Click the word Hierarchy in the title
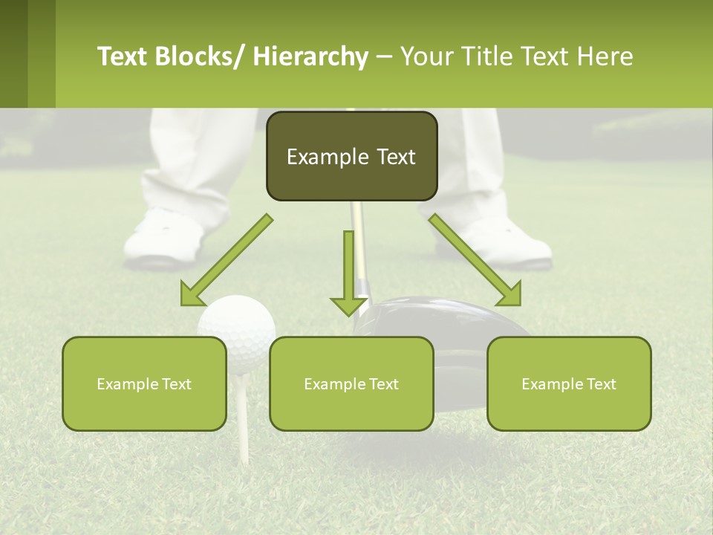(x=310, y=56)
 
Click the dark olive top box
(x=351, y=157)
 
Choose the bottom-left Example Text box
(x=144, y=383)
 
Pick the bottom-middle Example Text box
(x=351, y=383)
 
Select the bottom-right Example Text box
(x=569, y=383)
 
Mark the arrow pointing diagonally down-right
(x=475, y=260)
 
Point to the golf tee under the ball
(x=242, y=446)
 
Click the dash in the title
(x=384, y=57)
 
